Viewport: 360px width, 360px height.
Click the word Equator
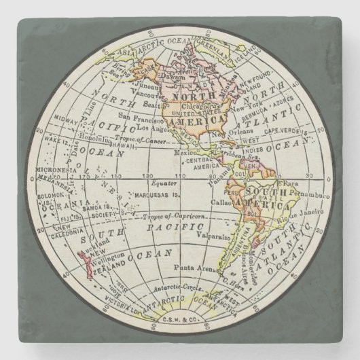point(165,183)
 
